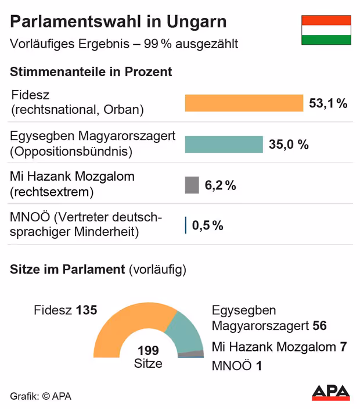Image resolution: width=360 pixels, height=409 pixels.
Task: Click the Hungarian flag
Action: pyautogui.click(x=326, y=30)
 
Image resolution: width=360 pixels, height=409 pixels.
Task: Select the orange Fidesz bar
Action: pyautogui.click(x=244, y=103)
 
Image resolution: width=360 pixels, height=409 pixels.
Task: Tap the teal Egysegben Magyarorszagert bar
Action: pyautogui.click(x=224, y=144)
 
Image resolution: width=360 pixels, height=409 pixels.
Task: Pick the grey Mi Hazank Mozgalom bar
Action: pyautogui.click(x=192, y=185)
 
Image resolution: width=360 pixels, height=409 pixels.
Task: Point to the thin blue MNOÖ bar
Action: pyautogui.click(x=185, y=225)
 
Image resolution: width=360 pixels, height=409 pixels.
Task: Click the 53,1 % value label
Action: pyautogui.click(x=328, y=103)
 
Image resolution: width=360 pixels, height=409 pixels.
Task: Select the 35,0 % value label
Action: pyautogui.click(x=289, y=145)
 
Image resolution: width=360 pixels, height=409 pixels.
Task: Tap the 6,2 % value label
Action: pyautogui.click(x=221, y=185)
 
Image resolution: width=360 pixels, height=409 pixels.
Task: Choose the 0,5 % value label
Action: pyautogui.click(x=208, y=225)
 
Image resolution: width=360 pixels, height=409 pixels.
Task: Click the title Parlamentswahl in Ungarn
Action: pyautogui.click(x=118, y=22)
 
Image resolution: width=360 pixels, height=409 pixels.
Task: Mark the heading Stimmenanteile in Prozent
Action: pyautogui.click(x=91, y=72)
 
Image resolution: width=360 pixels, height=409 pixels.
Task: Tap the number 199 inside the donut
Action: pyautogui.click(x=148, y=350)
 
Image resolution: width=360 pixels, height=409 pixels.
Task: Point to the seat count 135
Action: pyautogui.click(x=86, y=310)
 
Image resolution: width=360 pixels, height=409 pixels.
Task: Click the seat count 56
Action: pyautogui.click(x=320, y=325)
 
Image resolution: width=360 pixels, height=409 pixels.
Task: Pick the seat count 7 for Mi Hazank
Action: pyautogui.click(x=343, y=347)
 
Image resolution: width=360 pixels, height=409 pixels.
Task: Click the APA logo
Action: pyautogui.click(x=331, y=393)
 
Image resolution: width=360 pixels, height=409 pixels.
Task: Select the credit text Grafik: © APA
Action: pyautogui.click(x=41, y=396)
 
